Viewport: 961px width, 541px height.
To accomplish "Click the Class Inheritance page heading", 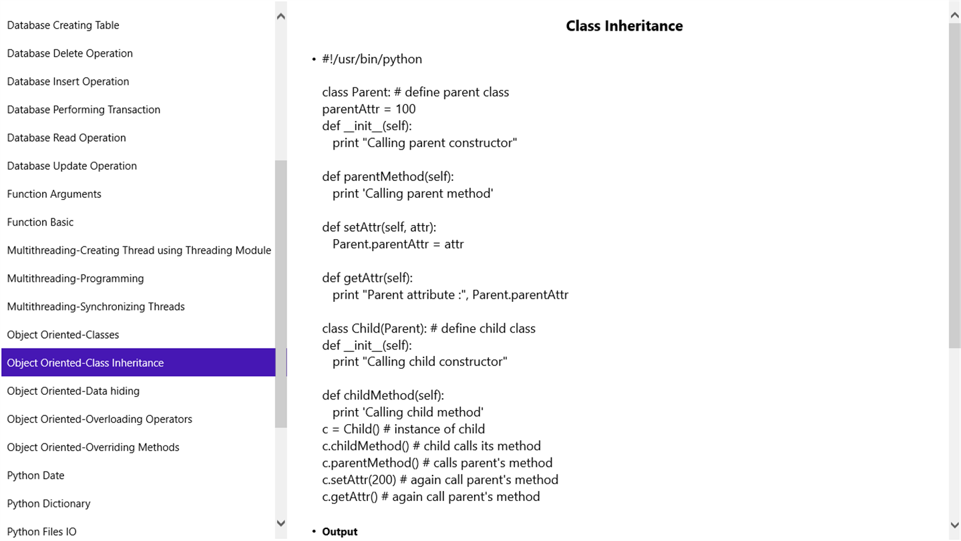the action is [x=624, y=26].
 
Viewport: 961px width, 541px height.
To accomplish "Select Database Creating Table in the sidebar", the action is [x=63, y=25].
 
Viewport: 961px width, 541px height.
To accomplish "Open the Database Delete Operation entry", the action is [x=70, y=53].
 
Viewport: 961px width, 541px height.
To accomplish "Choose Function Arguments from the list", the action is [x=54, y=194].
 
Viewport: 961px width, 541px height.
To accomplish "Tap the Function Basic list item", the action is [x=40, y=222].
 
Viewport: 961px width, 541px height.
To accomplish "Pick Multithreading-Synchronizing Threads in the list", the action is [x=95, y=307].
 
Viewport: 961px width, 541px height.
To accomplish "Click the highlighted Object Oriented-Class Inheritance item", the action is [x=85, y=363].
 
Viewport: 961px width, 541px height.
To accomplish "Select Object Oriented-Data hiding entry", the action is [x=73, y=391].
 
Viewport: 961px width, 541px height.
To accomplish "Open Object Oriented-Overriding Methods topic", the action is [x=93, y=447].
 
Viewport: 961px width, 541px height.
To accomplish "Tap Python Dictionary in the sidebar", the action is [x=49, y=503].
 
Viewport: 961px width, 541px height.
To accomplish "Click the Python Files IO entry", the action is [x=41, y=532].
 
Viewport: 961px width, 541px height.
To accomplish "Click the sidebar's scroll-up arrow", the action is [x=281, y=16].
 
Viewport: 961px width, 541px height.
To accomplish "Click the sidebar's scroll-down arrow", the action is [x=281, y=523].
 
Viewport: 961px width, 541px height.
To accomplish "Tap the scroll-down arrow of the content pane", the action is [x=954, y=525].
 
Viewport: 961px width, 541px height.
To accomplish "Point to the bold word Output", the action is [x=340, y=532].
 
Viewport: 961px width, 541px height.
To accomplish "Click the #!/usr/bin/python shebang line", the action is [x=372, y=59].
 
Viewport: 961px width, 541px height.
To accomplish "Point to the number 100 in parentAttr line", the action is [x=405, y=109].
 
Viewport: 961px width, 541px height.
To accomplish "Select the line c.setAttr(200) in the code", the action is [x=440, y=480].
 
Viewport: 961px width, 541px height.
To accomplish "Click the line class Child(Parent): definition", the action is [x=429, y=329].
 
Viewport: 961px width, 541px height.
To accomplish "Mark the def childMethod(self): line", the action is [x=383, y=395].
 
